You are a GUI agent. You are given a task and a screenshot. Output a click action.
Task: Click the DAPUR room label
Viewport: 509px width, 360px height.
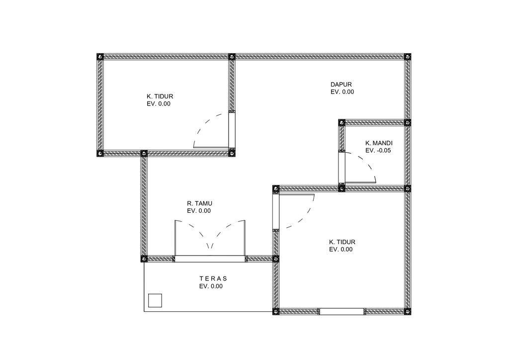[341, 85]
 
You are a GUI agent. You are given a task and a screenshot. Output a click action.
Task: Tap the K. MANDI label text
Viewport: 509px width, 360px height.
[379, 143]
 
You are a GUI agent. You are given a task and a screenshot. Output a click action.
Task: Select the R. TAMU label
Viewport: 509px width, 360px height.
[199, 203]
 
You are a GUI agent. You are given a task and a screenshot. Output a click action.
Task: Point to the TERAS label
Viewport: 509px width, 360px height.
[213, 278]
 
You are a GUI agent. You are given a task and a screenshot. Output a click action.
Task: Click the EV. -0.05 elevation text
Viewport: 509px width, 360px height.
[378, 151]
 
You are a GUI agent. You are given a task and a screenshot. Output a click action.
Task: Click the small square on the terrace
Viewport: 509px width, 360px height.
[155, 300]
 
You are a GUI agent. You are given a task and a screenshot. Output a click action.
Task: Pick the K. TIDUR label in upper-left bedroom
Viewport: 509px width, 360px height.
[160, 96]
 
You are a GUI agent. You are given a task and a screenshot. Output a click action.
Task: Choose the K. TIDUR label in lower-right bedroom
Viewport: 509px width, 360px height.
[342, 242]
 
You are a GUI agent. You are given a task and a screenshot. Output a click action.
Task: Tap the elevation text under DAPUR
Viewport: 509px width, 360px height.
[342, 92]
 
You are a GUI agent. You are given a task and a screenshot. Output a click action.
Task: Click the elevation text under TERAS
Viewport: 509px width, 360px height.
[211, 286]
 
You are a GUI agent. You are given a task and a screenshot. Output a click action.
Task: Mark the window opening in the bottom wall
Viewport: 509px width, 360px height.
[341, 312]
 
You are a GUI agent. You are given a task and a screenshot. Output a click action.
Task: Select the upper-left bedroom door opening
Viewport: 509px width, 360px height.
[232, 130]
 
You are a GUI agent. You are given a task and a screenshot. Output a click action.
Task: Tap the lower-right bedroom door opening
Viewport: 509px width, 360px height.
[276, 211]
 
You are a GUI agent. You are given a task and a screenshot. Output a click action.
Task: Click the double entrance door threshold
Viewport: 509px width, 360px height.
[210, 259]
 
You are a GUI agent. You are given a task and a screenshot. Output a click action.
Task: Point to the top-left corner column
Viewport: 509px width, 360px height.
[100, 57]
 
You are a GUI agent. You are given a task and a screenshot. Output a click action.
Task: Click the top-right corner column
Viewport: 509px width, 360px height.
[408, 57]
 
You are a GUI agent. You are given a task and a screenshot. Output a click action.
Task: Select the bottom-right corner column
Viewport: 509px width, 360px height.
[408, 312]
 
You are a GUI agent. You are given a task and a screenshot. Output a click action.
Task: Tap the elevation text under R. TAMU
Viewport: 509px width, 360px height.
[199, 211]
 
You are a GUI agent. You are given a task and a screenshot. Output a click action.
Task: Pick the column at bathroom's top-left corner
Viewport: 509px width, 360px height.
[341, 123]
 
